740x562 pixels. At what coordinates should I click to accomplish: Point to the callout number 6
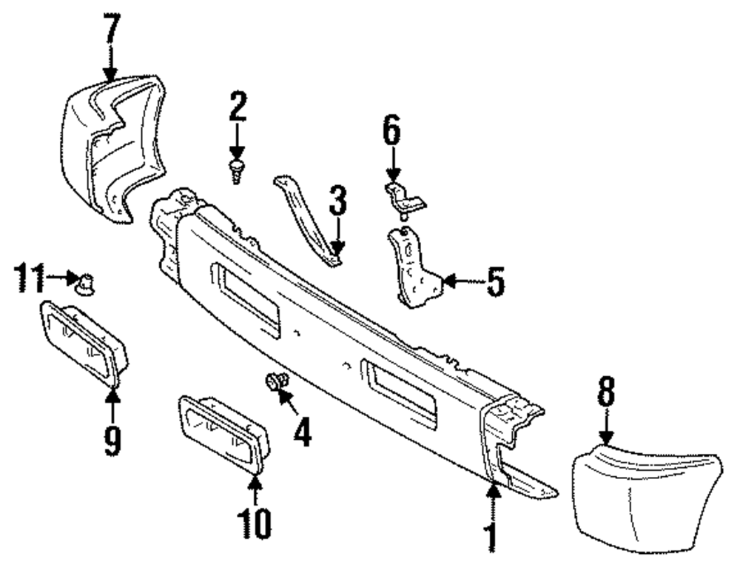click(391, 131)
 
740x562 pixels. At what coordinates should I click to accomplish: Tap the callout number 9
click(112, 441)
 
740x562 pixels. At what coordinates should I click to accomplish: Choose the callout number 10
click(254, 523)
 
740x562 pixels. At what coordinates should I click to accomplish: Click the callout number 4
click(301, 431)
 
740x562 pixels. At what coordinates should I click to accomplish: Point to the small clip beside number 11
click(87, 281)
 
